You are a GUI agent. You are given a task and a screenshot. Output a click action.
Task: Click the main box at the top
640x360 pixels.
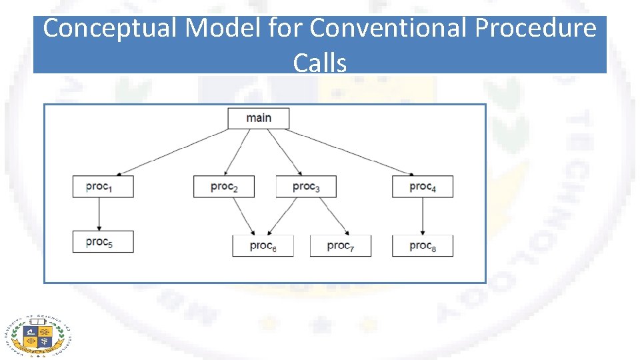tap(259, 118)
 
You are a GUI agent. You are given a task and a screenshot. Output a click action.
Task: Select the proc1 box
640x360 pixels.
tap(103, 187)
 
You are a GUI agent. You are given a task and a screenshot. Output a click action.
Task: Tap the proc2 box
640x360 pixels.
tap(224, 187)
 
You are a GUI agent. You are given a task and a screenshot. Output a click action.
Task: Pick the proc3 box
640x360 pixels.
tap(306, 187)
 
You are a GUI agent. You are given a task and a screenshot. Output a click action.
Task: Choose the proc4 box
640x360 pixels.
tap(423, 187)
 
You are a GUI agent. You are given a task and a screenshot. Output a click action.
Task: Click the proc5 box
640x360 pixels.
tap(103, 241)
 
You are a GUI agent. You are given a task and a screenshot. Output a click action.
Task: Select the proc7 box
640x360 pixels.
tap(340, 246)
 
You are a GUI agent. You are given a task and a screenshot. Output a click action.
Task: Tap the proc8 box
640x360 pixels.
tap(423, 246)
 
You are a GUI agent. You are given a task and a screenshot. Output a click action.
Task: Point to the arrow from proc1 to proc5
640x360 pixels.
tap(99, 213)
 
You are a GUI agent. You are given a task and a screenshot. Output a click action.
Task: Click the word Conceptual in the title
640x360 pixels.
tap(109, 28)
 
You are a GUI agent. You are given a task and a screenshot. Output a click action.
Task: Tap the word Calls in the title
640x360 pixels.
tap(319, 63)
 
